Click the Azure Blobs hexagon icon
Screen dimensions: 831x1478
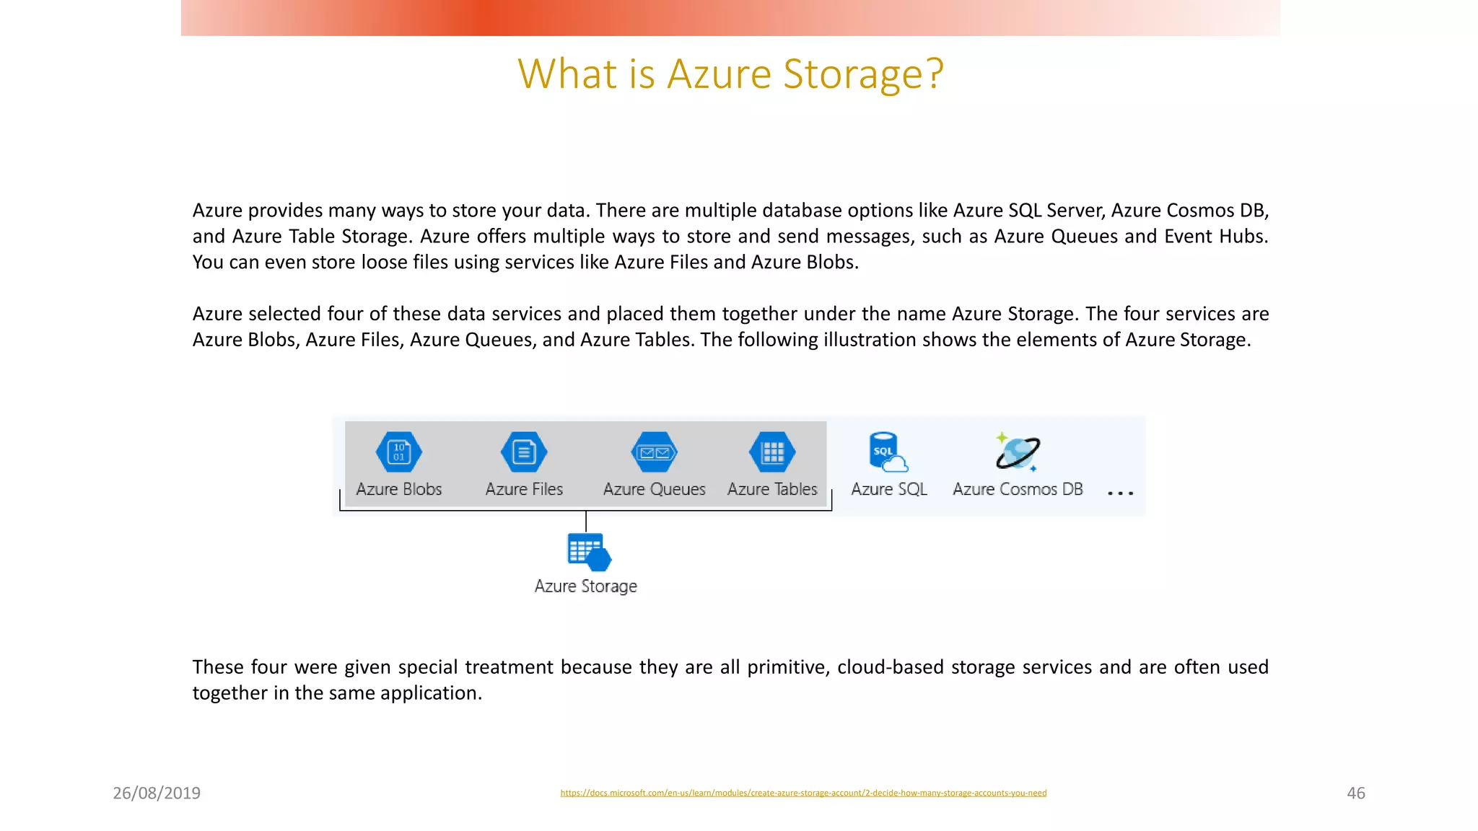(399, 452)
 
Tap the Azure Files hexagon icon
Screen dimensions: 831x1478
(524, 452)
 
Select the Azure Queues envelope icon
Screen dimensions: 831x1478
(654, 452)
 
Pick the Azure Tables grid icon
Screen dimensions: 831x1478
(772, 452)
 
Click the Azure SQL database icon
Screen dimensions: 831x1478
(887, 452)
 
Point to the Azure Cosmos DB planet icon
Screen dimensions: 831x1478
(1018, 452)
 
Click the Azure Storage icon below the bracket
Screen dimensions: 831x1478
(588, 552)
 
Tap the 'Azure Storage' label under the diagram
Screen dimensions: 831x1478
(585, 586)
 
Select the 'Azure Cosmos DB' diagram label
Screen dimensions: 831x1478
(1018, 489)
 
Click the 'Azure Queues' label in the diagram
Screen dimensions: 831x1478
(654, 489)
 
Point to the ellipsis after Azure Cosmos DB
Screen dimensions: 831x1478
(1120, 493)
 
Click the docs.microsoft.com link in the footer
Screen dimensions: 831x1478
(803, 793)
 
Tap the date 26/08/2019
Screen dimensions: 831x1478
(157, 793)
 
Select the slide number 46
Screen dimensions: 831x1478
(1356, 793)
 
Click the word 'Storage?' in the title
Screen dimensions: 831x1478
(863, 74)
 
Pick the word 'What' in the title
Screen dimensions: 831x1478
(567, 74)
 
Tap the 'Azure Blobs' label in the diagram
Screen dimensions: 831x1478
(399, 489)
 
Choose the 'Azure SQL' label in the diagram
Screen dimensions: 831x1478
(889, 489)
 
